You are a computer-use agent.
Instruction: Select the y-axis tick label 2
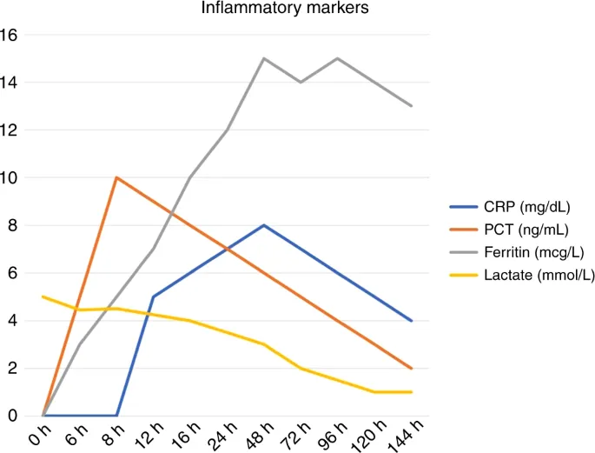point(13,369)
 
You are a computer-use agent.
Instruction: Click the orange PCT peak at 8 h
point(116,177)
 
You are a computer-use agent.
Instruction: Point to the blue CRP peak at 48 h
point(264,225)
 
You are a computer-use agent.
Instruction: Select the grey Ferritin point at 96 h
point(337,58)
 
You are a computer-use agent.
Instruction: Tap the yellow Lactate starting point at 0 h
point(43,296)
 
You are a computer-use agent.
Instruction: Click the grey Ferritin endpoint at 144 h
point(411,106)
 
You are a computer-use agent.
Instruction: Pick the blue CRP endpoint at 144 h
point(411,321)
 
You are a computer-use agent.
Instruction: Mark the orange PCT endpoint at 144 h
point(411,369)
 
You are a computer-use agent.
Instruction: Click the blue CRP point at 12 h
point(154,296)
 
